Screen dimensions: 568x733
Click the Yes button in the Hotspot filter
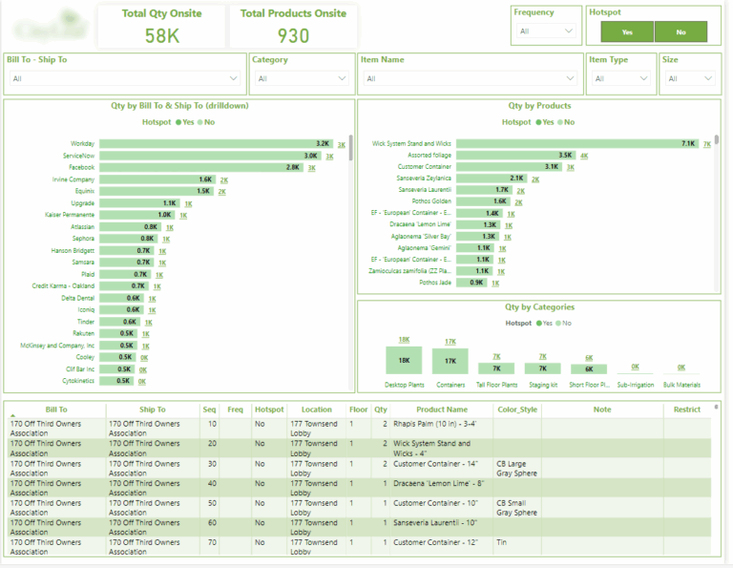point(627,32)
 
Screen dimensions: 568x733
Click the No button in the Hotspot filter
point(681,32)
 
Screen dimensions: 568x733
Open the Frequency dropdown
point(545,32)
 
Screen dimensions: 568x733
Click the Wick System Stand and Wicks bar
point(577,143)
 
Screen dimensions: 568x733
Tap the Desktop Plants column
point(405,361)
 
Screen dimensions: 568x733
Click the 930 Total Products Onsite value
point(293,35)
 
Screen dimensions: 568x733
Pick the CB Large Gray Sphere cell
point(520,468)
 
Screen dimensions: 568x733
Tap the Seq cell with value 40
point(211,483)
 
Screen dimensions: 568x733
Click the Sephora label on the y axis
point(82,239)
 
